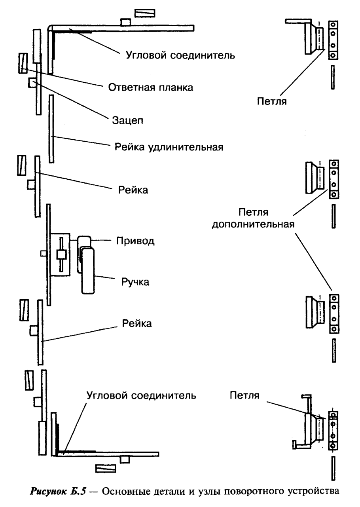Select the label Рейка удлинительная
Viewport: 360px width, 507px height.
(x=169, y=147)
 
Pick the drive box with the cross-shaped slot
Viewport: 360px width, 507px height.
(x=60, y=254)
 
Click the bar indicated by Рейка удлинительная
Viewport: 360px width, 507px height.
(x=51, y=129)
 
